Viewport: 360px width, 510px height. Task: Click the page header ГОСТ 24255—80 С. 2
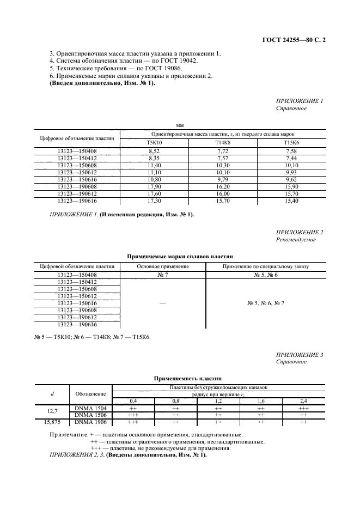(x=294, y=39)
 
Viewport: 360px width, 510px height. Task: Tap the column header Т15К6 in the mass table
(x=291, y=142)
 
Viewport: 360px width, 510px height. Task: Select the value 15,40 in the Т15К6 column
(x=291, y=202)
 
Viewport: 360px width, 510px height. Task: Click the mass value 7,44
(x=291, y=157)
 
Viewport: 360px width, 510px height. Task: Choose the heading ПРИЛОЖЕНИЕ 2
(x=300, y=232)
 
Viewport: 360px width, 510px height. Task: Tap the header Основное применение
(x=162, y=266)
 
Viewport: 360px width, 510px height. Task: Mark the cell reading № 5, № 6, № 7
(x=266, y=303)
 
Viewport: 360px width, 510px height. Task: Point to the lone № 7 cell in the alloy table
(x=162, y=275)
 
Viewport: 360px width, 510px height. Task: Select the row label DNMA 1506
(x=90, y=415)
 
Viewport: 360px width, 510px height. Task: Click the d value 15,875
(x=51, y=422)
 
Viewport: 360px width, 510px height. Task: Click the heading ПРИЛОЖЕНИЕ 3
(x=300, y=355)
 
